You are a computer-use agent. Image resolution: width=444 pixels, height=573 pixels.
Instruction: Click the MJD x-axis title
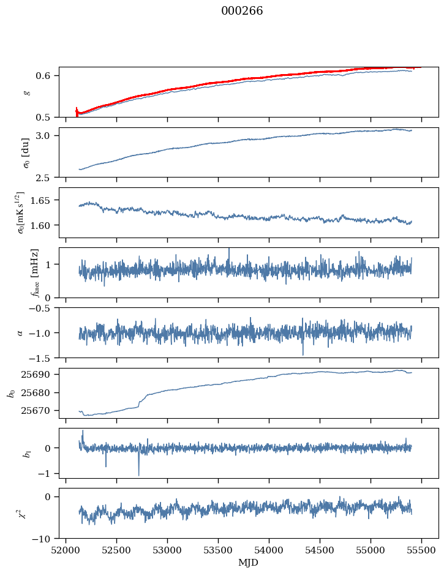(x=249, y=563)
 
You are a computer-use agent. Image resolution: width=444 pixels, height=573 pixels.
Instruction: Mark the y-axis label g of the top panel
(x=26, y=92)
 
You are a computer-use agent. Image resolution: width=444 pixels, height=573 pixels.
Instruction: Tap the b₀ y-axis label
(x=10, y=393)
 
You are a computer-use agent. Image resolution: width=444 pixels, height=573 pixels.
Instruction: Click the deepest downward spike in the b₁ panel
(x=138, y=474)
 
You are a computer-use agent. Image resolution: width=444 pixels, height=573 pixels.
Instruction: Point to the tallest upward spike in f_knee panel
(x=229, y=249)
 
